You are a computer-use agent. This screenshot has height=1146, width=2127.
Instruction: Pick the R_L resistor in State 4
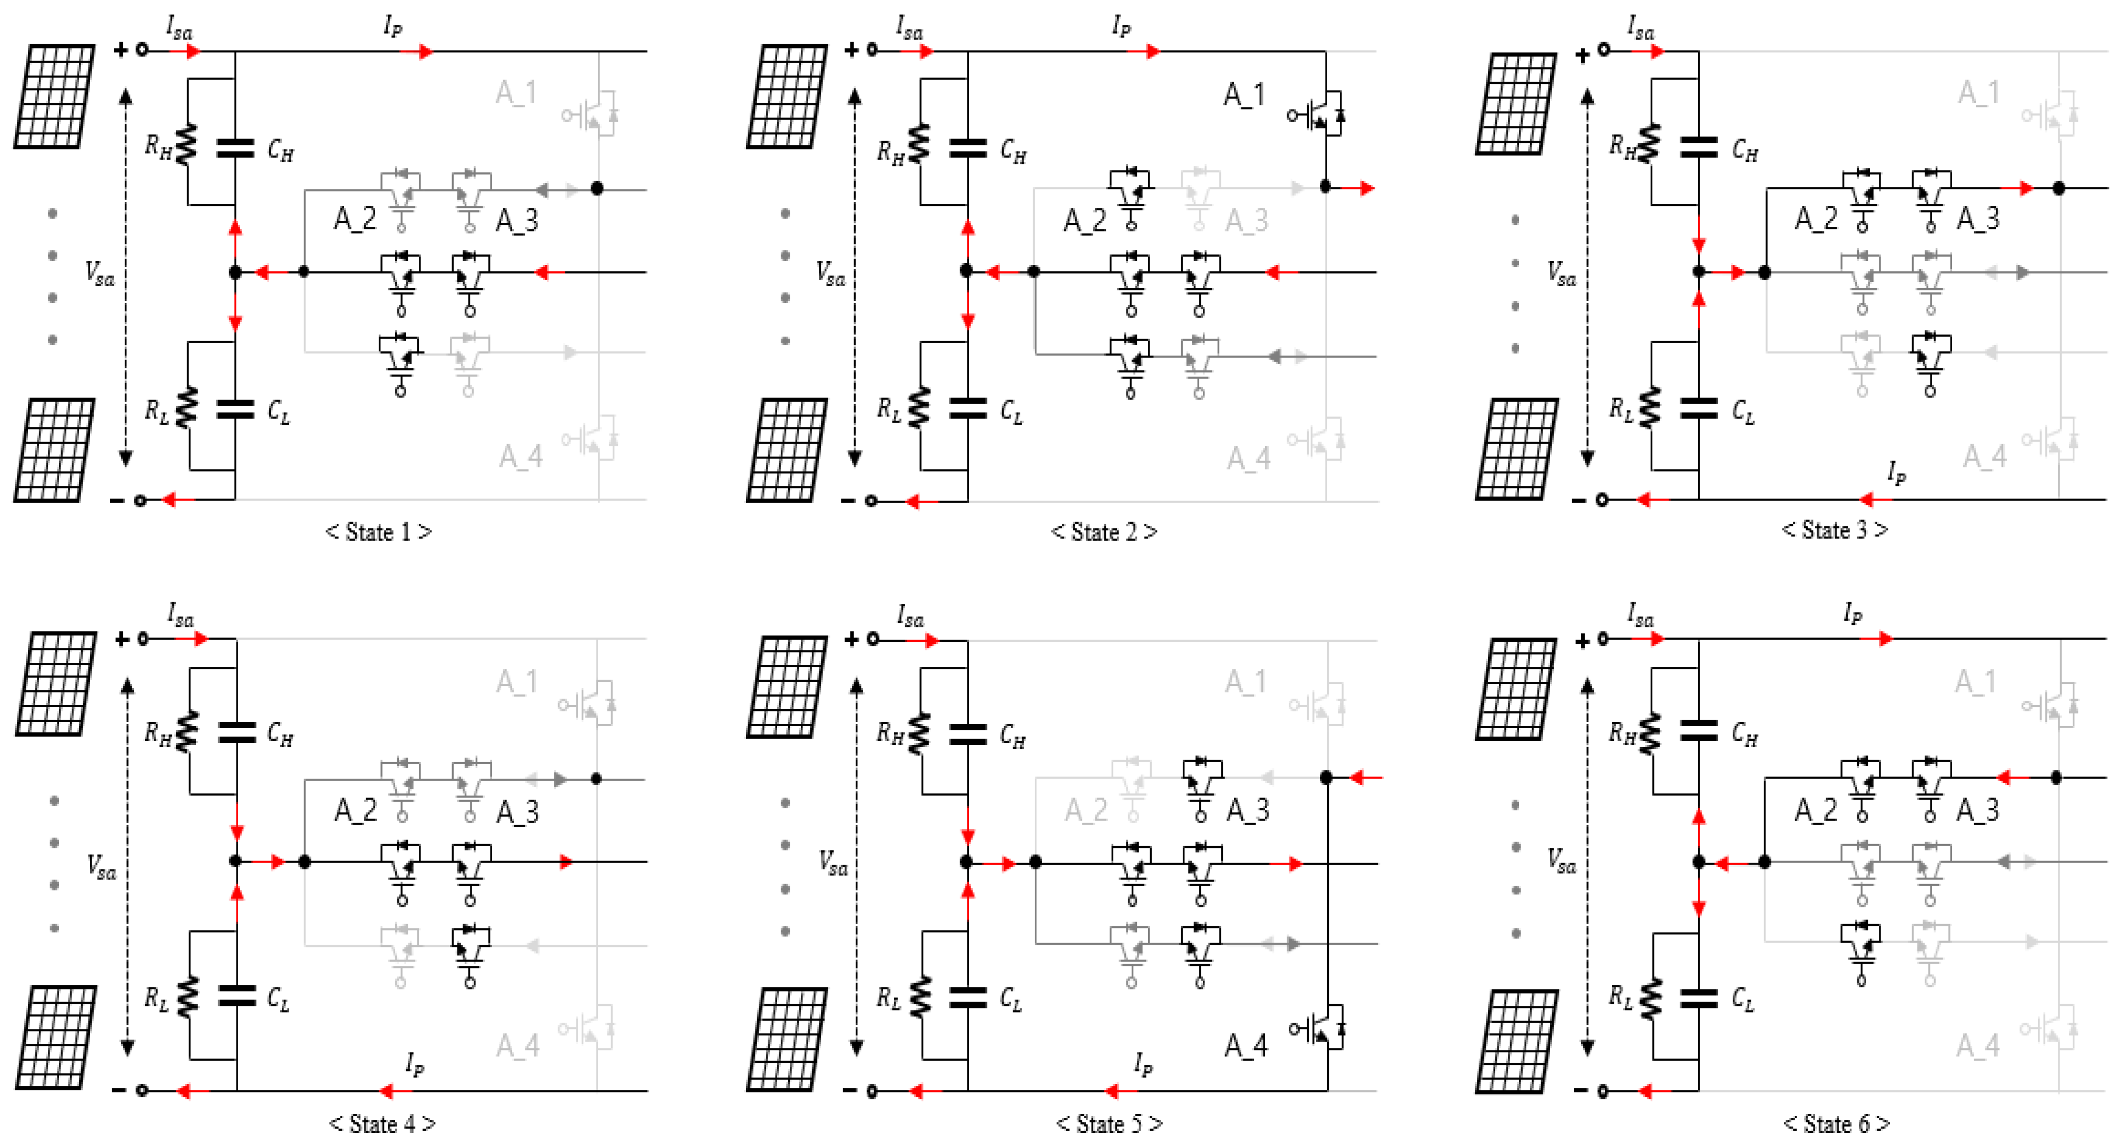coord(188,996)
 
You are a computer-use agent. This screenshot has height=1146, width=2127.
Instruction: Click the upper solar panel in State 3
coord(1516,103)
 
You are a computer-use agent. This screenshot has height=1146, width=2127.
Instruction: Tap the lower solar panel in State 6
coord(1516,1040)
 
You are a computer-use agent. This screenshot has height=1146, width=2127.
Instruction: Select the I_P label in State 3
coord(1897,474)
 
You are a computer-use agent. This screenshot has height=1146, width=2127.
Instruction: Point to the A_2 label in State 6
coord(1817,810)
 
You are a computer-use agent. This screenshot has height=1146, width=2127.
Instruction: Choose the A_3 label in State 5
coord(1247,810)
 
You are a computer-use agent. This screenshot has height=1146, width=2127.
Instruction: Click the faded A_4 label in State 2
coord(1248,457)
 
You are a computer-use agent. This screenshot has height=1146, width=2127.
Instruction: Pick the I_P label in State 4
coord(415,1064)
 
